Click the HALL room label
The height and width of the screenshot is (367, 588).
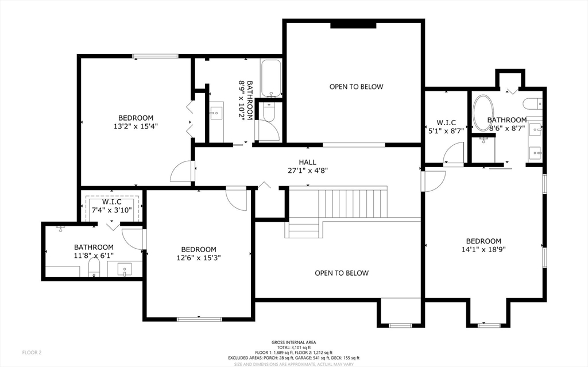(x=307, y=162)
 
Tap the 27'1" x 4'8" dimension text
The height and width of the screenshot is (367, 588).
(x=308, y=171)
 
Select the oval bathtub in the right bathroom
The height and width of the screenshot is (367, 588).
(x=482, y=113)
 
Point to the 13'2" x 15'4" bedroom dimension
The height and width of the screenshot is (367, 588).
(x=136, y=126)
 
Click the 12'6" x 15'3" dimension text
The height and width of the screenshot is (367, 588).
(x=198, y=258)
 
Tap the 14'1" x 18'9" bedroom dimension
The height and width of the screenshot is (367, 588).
(x=483, y=249)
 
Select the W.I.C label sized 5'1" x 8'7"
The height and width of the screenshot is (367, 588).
(x=446, y=123)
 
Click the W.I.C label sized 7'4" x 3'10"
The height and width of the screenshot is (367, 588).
(x=112, y=202)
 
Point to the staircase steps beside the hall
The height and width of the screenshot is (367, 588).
(x=353, y=203)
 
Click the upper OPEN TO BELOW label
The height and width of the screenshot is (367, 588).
(x=356, y=87)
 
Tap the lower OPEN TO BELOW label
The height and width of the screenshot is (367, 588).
(x=342, y=273)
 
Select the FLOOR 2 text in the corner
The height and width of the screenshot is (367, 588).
(x=32, y=353)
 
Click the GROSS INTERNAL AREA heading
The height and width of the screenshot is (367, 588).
(x=293, y=342)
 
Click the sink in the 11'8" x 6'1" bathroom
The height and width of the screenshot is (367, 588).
(x=125, y=269)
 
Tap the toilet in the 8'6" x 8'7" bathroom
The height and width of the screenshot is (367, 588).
(x=532, y=103)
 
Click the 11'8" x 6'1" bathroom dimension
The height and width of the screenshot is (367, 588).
(x=94, y=256)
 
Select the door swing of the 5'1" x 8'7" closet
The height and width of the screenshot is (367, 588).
(x=453, y=153)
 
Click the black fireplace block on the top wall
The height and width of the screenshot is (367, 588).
(x=353, y=25)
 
